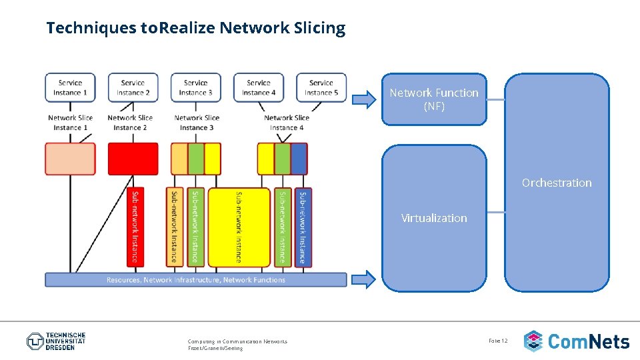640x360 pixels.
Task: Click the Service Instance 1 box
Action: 70,87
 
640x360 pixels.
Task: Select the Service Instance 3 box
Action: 195,87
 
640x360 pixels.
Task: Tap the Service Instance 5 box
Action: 321,87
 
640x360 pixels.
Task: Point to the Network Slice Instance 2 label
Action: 130,123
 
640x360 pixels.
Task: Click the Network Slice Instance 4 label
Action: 287,123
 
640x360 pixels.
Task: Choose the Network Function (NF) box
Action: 434,99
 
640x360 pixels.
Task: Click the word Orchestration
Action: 556,183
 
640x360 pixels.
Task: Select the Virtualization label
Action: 434,218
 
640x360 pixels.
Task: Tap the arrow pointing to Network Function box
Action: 364,100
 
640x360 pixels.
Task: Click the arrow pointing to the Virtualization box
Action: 364,279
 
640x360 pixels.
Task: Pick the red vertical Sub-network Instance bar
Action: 135,227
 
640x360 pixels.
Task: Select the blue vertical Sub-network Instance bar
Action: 303,227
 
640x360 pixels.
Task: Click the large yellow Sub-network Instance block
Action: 239,227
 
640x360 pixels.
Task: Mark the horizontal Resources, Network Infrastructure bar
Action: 195,280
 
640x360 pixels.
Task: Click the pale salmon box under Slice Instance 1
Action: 70,159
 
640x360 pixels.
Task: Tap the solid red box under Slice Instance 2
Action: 133,159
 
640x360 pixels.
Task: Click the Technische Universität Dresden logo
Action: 57,341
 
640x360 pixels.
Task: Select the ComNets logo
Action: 577,341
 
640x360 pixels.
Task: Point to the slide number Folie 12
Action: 498,341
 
